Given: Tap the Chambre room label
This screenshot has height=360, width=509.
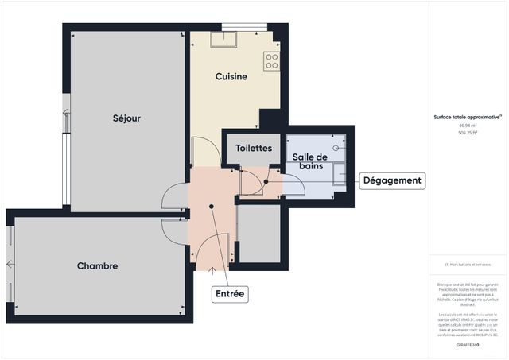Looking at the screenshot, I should point(98,266).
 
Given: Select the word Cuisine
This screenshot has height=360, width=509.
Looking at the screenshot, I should point(231,77).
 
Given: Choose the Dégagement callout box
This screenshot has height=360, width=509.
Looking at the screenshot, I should point(391,180).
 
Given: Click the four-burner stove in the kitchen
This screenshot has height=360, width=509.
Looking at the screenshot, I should point(272,61).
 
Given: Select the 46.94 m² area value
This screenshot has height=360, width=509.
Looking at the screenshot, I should point(467,126).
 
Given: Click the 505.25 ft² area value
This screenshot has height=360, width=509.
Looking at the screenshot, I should point(467,134).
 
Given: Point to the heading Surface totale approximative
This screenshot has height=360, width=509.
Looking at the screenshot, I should point(467,117).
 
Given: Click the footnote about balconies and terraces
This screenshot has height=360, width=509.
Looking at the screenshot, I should point(467,265).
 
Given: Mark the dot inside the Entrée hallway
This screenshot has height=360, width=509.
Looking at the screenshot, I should point(212,206).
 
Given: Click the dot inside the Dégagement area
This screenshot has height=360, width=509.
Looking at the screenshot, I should point(266,181).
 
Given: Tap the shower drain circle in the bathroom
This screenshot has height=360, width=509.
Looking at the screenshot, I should point(337,147).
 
